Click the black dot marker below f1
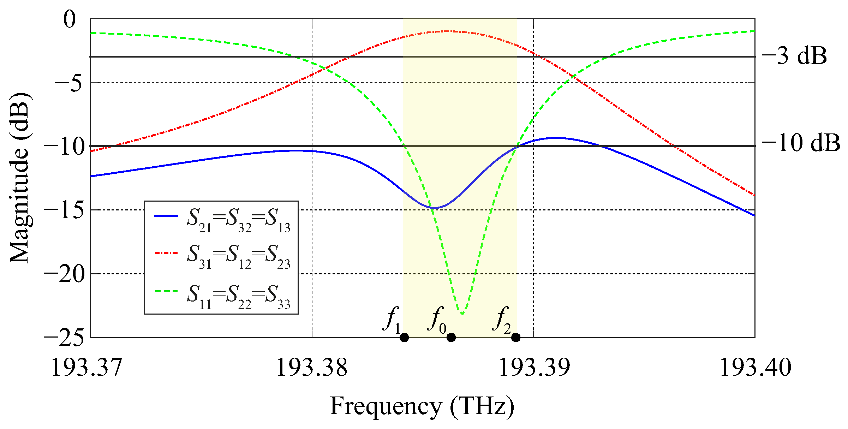[404, 338]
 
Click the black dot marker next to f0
[451, 338]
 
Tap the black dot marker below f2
[516, 338]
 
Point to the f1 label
[392, 320]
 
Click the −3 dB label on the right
[794, 56]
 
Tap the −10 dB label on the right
[800, 143]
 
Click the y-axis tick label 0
[70, 19]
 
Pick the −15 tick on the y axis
[64, 210]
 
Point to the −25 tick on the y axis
[64, 338]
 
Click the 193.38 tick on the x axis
[312, 368]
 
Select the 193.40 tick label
[755, 368]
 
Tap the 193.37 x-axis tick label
[87, 368]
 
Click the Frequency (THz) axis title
[422, 406]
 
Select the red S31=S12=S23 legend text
[238, 257]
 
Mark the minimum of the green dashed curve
[462, 314]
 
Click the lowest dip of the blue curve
[436, 208]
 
